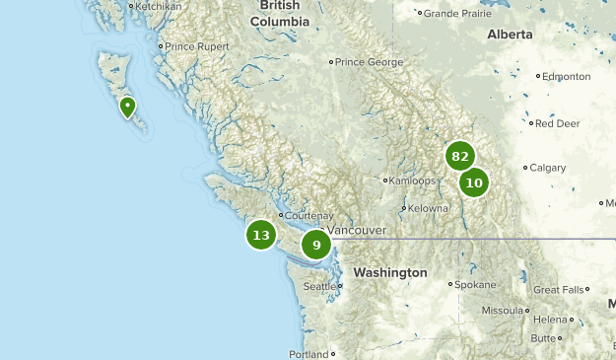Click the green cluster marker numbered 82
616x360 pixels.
point(459,156)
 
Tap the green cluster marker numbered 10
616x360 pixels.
point(474,181)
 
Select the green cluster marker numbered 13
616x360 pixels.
point(261,235)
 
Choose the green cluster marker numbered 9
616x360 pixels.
point(316,245)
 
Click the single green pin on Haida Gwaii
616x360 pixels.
point(127,107)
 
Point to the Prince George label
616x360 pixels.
point(370,62)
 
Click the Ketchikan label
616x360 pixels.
point(158,7)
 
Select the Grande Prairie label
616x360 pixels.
point(456,14)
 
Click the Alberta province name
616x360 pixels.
point(510,35)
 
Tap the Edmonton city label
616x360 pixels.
point(567,76)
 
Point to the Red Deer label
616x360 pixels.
point(557,124)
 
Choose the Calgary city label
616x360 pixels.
point(548,168)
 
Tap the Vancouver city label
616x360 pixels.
point(356,230)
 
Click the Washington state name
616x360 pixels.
point(390,272)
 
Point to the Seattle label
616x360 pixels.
point(319,287)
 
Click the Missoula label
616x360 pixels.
point(502,310)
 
